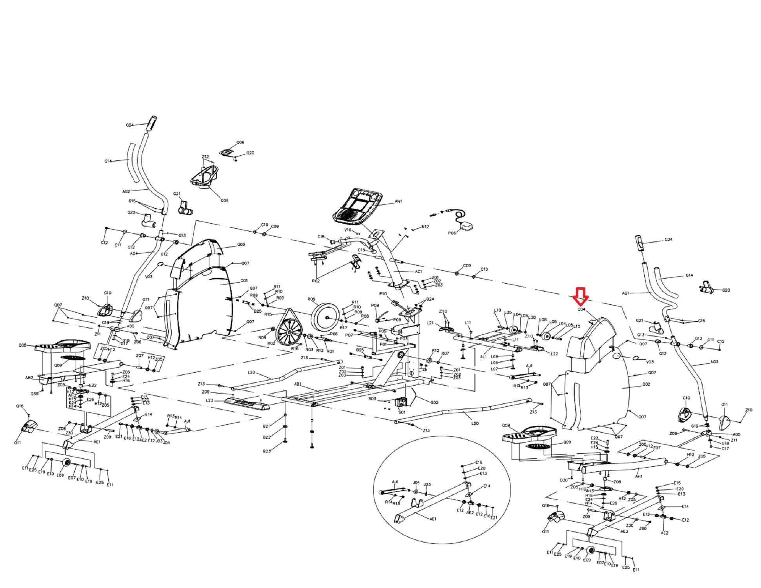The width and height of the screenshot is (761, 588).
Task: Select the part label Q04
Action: tap(581, 309)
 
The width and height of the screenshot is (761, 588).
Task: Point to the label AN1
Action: tap(398, 201)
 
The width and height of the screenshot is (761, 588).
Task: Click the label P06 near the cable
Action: tap(452, 232)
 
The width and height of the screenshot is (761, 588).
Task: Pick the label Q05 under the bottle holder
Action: tap(224, 200)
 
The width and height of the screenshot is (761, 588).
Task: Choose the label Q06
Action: tap(240, 142)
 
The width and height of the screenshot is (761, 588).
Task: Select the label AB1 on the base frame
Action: tap(298, 384)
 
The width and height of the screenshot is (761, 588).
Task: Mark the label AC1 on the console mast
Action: tap(418, 271)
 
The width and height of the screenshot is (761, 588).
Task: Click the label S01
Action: tap(402, 412)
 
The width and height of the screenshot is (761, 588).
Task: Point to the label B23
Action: tap(267, 451)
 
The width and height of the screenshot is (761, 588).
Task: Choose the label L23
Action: tap(209, 400)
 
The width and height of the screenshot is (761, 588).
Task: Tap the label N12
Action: tap(425, 227)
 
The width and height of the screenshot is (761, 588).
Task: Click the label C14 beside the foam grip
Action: tap(108, 161)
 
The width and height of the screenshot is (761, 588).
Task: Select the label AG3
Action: tap(714, 362)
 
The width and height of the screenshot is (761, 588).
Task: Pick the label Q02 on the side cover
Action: tap(647, 384)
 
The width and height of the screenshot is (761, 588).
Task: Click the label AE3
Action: tap(624, 531)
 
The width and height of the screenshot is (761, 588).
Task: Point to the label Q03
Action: tap(241, 245)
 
